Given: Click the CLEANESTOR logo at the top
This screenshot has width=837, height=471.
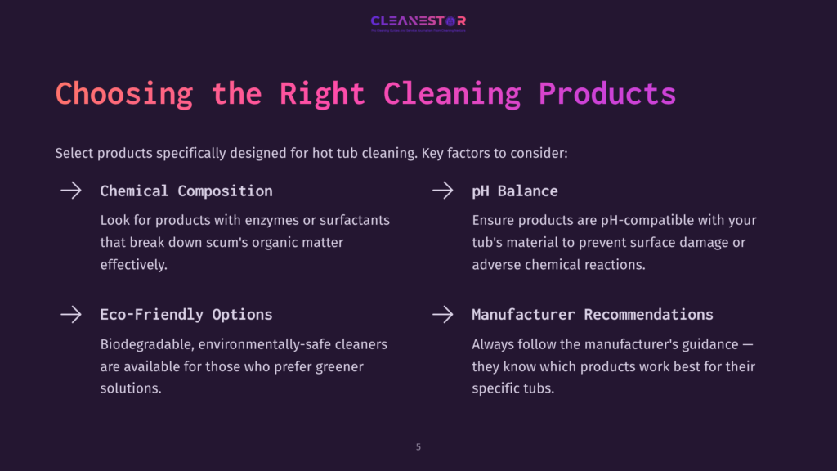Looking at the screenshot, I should click(x=418, y=22).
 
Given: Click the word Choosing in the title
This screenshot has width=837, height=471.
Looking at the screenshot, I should click(x=123, y=94).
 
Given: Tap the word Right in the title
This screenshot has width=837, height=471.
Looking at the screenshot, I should click(x=322, y=94).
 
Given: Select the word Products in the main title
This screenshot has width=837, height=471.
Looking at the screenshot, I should click(x=606, y=94).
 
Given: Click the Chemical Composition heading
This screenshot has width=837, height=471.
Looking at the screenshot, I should click(x=186, y=191).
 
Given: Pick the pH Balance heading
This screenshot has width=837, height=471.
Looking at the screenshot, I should click(x=515, y=191).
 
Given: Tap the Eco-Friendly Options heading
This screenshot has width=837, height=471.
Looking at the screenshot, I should click(x=186, y=314).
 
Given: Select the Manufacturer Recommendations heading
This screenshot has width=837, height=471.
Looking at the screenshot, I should click(x=593, y=314).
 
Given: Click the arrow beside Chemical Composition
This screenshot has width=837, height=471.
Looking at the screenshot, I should click(x=71, y=191).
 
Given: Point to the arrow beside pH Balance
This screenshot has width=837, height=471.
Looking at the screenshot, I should click(x=443, y=191).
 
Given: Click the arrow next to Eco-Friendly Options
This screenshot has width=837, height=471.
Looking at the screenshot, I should click(x=71, y=314).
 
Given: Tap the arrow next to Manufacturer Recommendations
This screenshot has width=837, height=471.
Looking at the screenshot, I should click(x=443, y=314).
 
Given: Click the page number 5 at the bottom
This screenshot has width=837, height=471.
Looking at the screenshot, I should click(x=418, y=447).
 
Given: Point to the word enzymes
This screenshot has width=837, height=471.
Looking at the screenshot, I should click(x=259, y=221).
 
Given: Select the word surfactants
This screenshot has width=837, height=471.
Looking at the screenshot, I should click(x=353, y=221).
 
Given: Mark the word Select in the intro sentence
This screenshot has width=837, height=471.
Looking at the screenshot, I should click(x=74, y=153).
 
